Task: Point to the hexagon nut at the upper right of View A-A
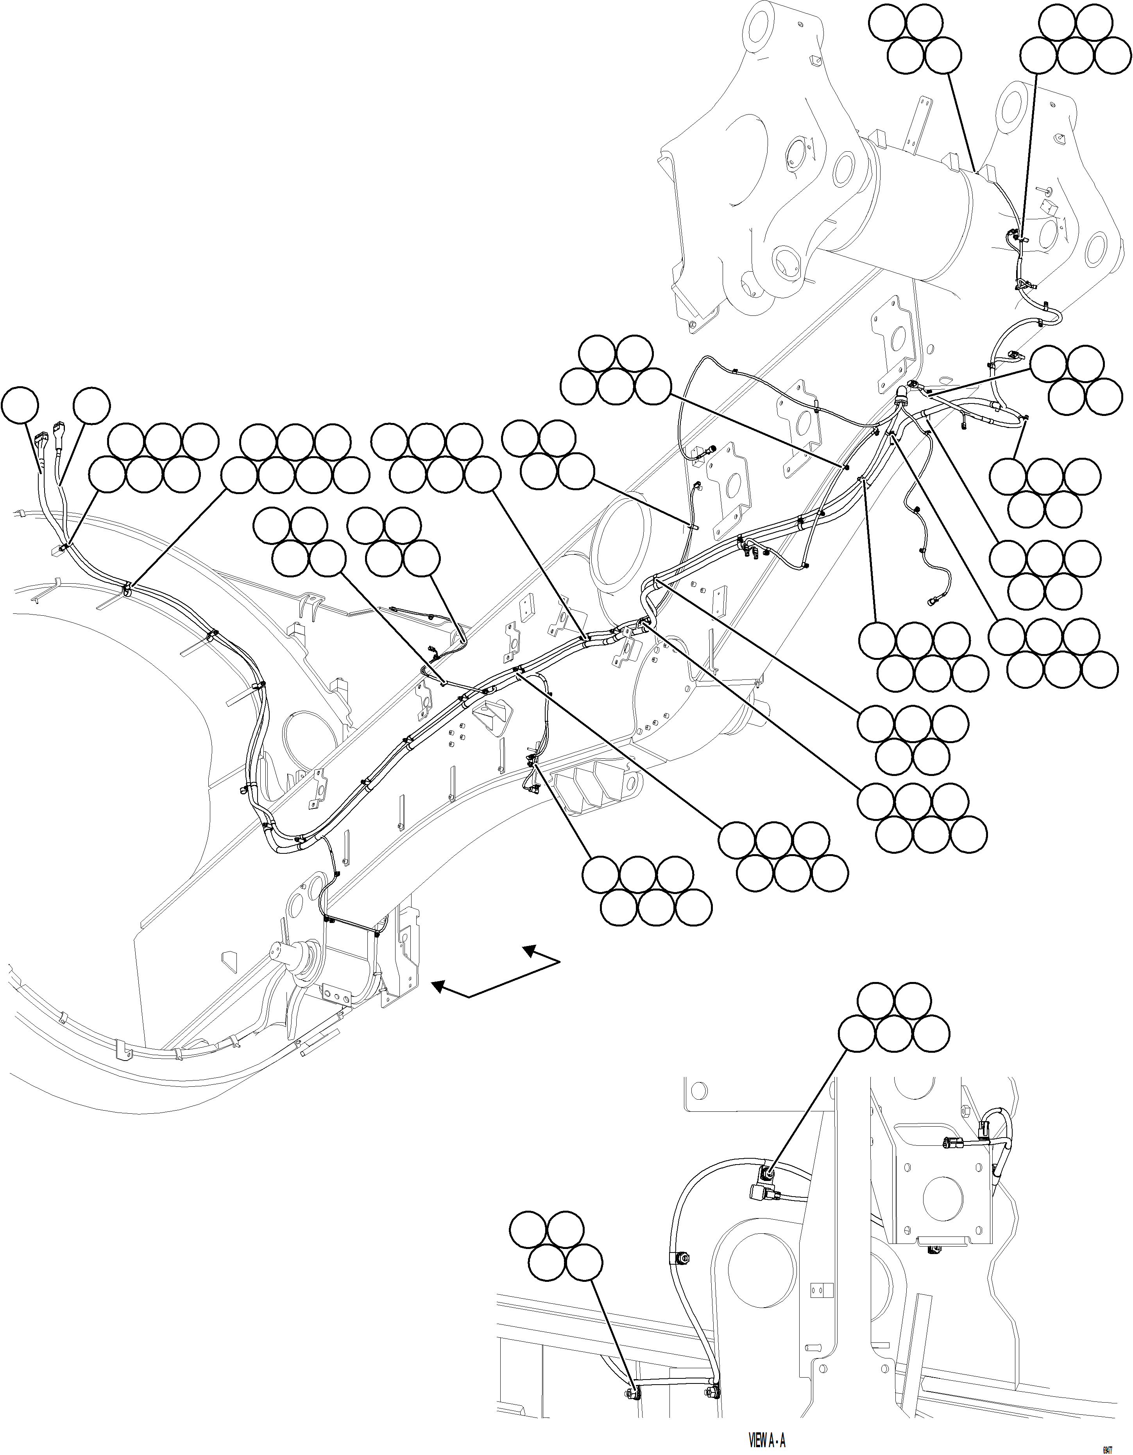click(967, 1112)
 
